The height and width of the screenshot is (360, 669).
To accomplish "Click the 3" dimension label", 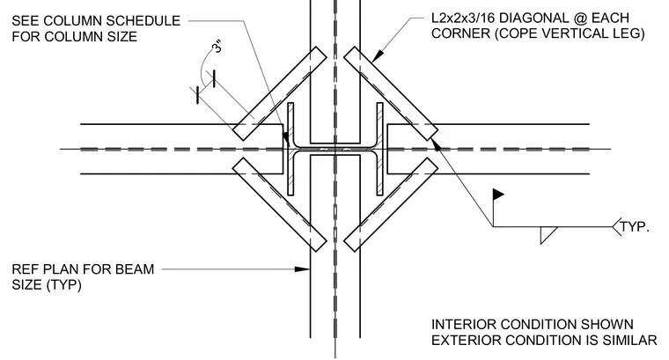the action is tap(217, 46).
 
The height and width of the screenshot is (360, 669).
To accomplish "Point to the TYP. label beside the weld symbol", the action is tap(635, 227).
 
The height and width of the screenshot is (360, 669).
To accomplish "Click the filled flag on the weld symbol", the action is tap(498, 195).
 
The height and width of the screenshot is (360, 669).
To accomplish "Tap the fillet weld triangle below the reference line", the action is tap(547, 235).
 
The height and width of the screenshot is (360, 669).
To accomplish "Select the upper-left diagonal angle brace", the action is tap(279, 93).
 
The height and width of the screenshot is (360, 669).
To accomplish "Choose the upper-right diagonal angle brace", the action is tap(391, 93).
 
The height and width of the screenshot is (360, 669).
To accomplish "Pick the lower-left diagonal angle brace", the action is tap(279, 205).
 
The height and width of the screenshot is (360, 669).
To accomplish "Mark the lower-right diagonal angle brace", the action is tap(391, 205).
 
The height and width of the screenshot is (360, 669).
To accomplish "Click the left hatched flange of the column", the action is tap(290, 149).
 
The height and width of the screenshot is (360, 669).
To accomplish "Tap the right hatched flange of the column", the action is tap(379, 149).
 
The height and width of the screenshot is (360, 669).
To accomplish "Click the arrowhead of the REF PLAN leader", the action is tap(303, 269).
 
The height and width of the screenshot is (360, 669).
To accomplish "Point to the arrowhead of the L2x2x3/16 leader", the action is tap(378, 55).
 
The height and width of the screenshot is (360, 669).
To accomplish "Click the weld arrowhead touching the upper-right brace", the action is tap(437, 144).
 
